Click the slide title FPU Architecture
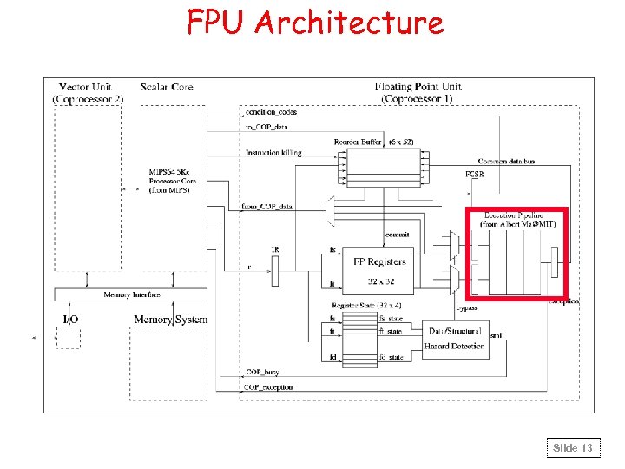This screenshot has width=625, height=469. pyautogui.click(x=314, y=22)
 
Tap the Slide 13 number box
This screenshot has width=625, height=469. pyautogui.click(x=573, y=448)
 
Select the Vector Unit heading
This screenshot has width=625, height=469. pyautogui.click(x=86, y=88)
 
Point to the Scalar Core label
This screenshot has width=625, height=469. pyautogui.click(x=167, y=88)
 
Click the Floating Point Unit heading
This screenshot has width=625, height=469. pyautogui.click(x=418, y=88)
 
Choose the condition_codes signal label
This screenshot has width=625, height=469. pyautogui.click(x=271, y=112)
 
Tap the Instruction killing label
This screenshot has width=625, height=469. pyautogui.click(x=273, y=153)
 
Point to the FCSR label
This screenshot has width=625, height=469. pyautogui.click(x=476, y=175)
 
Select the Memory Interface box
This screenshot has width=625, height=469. pyautogui.click(x=132, y=295)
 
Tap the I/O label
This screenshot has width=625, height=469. pyautogui.click(x=70, y=320)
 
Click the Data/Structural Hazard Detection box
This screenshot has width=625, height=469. pyautogui.click(x=455, y=339)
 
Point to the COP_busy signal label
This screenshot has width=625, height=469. pyautogui.click(x=264, y=372)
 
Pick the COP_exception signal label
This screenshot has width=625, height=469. pyautogui.click(x=269, y=386)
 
